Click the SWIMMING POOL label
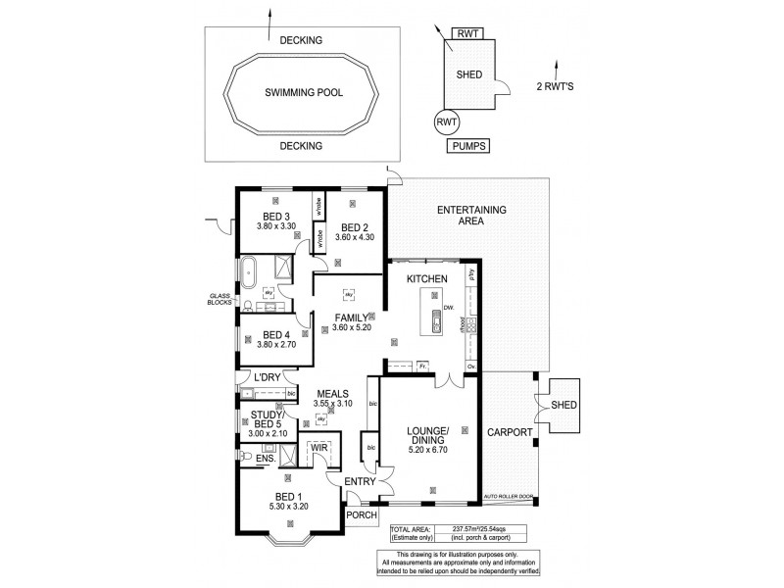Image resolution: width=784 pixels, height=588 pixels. (300, 93)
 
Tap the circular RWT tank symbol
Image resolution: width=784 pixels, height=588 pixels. (447, 122)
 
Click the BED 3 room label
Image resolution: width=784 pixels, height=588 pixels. (275, 217)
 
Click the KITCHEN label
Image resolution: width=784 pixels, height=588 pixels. (428, 280)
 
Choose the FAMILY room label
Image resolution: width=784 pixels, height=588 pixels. (352, 317)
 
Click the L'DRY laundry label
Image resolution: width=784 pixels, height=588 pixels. (267, 377)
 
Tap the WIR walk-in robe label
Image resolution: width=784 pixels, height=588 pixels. (319, 449)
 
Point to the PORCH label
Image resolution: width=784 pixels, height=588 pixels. (362, 513)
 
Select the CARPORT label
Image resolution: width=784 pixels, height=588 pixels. (510, 432)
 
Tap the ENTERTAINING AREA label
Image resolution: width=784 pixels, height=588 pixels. (470, 215)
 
